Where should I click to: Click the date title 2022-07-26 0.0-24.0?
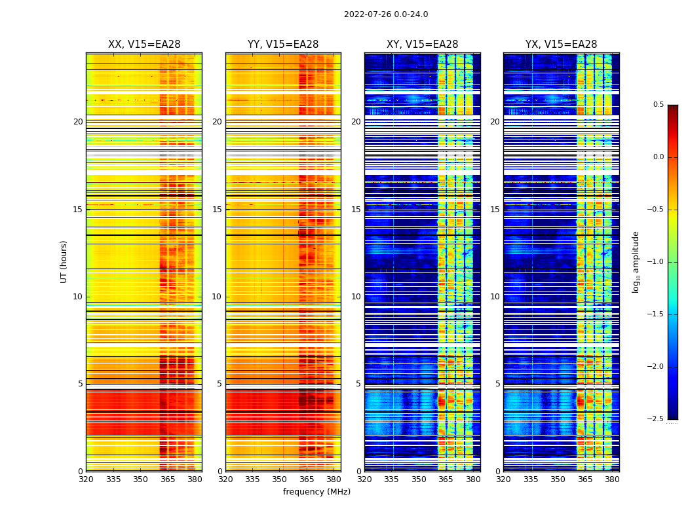[x=386, y=14]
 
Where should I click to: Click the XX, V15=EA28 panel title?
[x=144, y=45]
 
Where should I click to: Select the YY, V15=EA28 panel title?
[x=283, y=45]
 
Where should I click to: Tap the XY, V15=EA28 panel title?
[x=422, y=45]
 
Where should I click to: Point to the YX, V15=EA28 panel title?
[x=561, y=45]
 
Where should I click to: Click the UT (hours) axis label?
[x=64, y=261]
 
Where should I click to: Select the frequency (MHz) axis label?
[x=316, y=492]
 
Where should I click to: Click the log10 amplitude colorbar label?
[x=636, y=261]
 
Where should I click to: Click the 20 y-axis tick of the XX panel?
[x=78, y=122]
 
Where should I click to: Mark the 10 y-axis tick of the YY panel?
[x=217, y=297]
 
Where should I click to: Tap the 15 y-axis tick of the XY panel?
[x=356, y=210]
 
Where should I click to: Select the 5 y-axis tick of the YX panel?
[x=497, y=384]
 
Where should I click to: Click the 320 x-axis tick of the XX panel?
[x=86, y=479]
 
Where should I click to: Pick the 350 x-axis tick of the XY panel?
[x=419, y=479]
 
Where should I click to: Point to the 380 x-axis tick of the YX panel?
[x=612, y=479]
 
